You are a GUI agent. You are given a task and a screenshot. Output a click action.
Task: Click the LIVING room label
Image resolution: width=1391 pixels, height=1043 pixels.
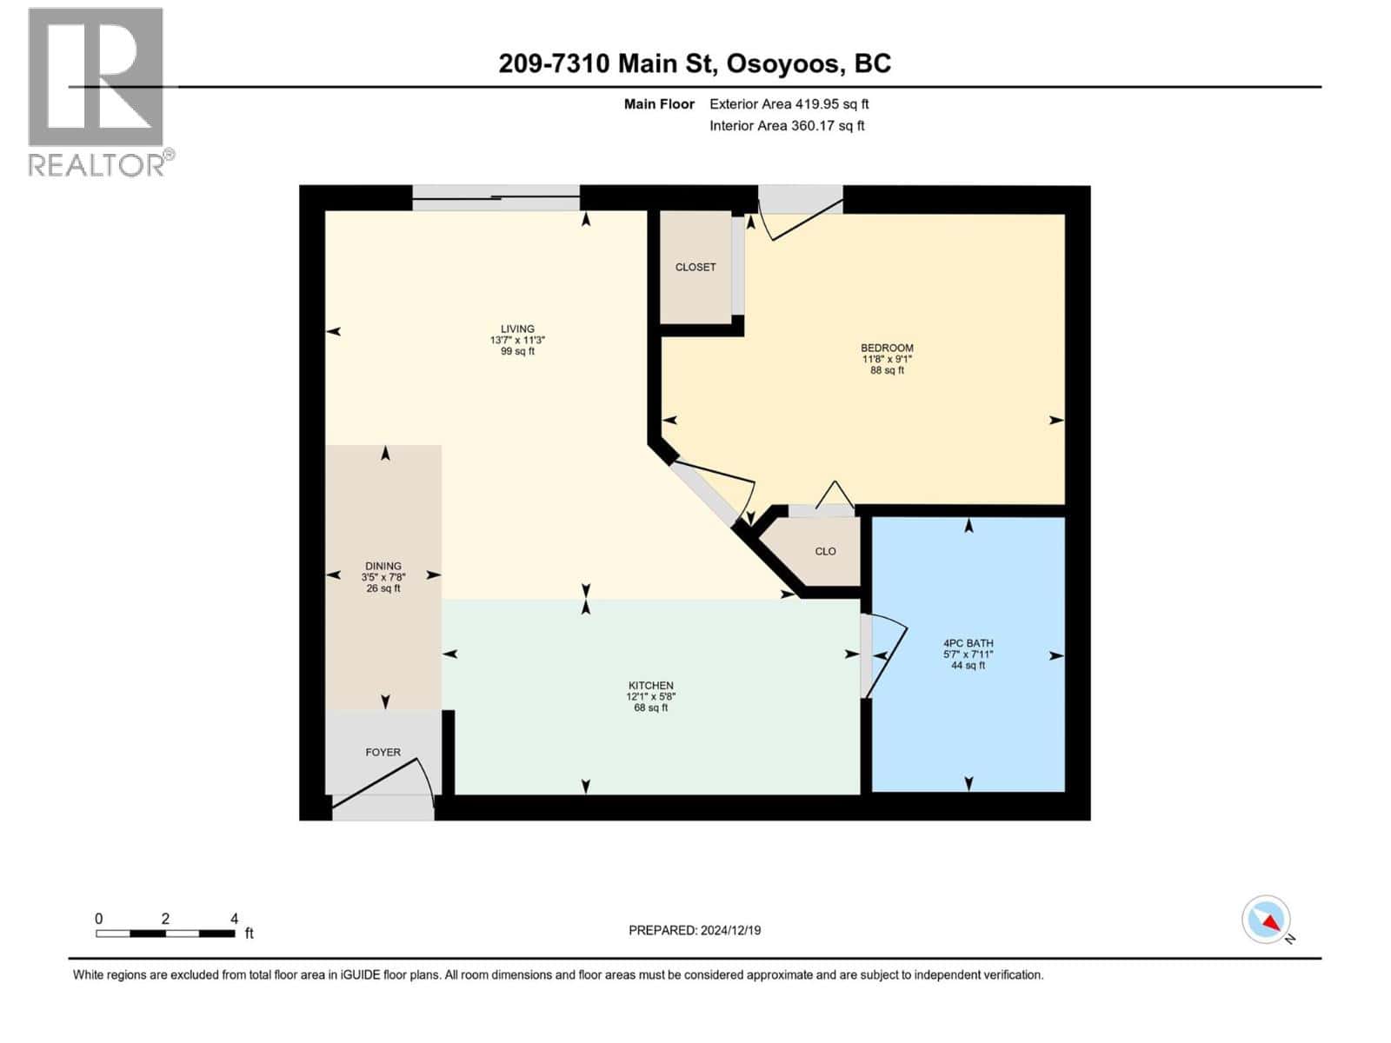517,329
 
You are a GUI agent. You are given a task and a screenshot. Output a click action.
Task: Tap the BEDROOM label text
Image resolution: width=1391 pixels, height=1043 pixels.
887,348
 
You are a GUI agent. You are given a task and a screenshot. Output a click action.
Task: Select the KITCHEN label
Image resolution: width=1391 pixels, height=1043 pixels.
650,686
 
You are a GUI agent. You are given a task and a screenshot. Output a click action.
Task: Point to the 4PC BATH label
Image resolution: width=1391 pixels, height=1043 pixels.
968,643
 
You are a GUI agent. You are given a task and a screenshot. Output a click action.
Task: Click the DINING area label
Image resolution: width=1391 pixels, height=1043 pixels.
383,566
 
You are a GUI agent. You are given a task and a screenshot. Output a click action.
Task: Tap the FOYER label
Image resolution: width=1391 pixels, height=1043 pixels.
383,752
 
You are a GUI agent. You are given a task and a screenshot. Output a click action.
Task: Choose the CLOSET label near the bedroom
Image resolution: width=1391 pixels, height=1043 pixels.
695,267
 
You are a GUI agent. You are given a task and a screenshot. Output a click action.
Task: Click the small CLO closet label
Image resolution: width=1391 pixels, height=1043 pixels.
825,551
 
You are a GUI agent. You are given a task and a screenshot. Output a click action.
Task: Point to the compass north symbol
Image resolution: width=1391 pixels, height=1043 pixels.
1267,920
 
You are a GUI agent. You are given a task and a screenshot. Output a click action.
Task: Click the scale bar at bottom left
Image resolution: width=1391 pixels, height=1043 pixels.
165,933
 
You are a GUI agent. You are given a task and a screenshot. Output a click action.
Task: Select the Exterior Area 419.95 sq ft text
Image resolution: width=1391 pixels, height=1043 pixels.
789,103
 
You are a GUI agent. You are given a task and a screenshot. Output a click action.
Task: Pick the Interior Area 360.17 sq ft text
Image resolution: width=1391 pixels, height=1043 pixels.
787,125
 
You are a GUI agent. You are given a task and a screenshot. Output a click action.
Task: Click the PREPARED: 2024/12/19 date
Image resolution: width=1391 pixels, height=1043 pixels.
694,930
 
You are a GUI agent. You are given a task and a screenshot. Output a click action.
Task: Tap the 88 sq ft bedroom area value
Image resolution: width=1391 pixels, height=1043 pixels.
887,370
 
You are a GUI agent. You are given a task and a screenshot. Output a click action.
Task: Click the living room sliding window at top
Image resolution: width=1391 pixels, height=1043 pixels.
496,198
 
